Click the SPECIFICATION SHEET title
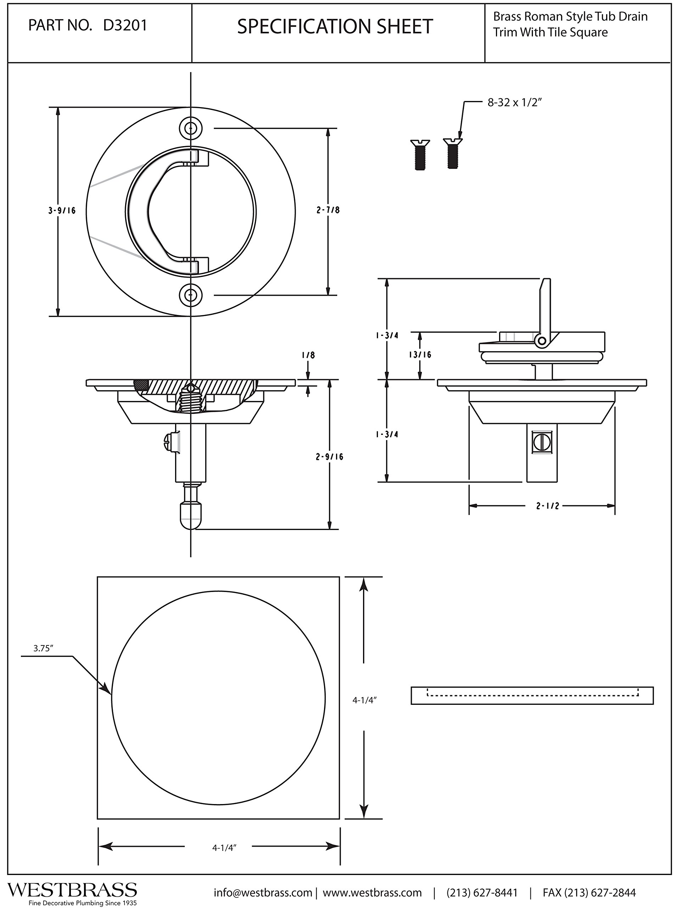point(335,27)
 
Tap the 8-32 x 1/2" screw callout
point(515,103)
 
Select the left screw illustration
point(420,155)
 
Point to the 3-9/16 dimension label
point(62,211)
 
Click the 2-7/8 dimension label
point(328,210)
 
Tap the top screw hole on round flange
point(191,128)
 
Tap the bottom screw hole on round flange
point(191,295)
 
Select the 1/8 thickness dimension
point(308,355)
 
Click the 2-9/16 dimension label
point(329,456)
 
